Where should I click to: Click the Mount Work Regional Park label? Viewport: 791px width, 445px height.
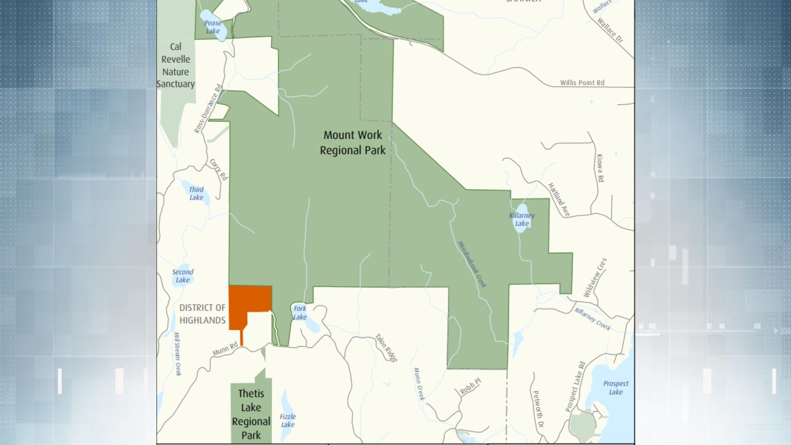[352, 143]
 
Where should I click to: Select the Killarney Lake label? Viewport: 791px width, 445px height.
[522, 219]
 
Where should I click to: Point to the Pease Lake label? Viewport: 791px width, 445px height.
[213, 27]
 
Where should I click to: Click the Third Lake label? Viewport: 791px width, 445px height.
[196, 193]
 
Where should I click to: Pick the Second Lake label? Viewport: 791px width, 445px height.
[182, 276]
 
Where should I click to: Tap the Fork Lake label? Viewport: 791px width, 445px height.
[300, 313]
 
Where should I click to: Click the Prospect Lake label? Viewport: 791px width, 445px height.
[615, 388]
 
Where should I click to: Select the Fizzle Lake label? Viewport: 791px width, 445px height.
[287, 420]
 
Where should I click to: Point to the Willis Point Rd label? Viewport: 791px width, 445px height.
[582, 83]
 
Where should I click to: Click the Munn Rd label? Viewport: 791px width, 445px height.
[225, 350]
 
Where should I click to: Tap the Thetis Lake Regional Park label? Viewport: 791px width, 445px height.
[251, 414]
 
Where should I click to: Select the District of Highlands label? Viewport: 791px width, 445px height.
[203, 314]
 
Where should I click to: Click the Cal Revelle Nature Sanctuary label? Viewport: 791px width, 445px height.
[176, 66]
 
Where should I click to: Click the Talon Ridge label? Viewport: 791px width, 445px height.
[386, 348]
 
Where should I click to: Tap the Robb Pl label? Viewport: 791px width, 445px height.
[470, 387]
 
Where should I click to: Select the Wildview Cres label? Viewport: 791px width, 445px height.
[595, 278]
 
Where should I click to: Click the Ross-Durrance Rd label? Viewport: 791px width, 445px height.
[208, 109]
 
